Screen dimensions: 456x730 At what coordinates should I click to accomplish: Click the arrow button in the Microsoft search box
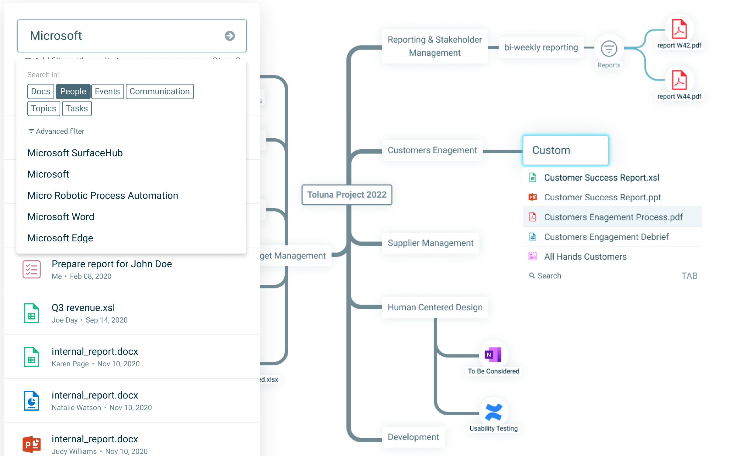point(230,36)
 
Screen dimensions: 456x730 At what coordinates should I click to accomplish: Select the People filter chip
point(73,92)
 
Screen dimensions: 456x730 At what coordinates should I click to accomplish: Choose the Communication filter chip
point(160,92)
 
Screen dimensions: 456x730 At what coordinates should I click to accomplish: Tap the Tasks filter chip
point(77,109)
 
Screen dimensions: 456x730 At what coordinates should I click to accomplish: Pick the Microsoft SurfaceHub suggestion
point(75,153)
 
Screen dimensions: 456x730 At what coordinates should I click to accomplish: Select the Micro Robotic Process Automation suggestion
point(103,195)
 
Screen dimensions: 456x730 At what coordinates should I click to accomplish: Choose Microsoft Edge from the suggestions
point(60,238)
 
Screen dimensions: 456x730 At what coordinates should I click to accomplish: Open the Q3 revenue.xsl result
point(83,308)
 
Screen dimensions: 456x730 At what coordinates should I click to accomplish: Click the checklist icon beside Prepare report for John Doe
point(32,269)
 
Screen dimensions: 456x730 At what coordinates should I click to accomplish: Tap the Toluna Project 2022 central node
point(347,195)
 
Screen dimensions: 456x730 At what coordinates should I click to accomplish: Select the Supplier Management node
point(430,243)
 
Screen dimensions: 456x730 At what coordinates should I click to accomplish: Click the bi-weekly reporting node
point(541,47)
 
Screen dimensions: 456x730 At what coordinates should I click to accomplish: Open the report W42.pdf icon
point(679,29)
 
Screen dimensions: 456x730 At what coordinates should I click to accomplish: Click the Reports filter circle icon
point(609,49)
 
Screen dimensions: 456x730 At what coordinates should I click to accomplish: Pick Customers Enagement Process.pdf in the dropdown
point(613,217)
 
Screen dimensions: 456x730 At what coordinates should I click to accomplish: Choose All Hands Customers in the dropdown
point(585,257)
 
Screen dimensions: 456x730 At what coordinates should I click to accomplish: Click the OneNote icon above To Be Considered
point(493,354)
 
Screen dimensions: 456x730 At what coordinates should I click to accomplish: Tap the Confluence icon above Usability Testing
point(493,412)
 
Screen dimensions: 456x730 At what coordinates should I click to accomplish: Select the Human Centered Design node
point(435,307)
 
